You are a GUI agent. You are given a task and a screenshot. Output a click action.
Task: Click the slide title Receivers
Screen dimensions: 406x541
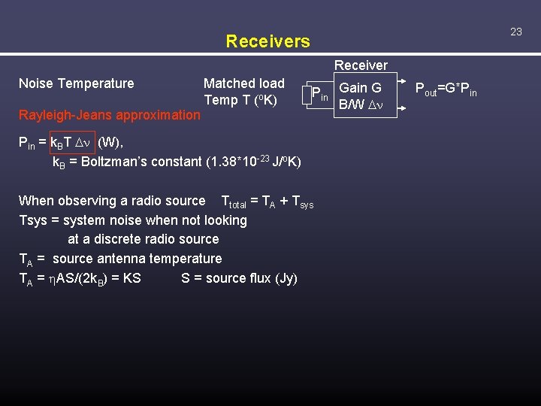click(x=267, y=41)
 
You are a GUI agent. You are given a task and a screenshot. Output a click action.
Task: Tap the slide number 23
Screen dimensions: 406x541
click(x=515, y=32)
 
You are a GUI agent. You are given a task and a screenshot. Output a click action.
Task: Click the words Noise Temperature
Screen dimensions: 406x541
click(x=76, y=83)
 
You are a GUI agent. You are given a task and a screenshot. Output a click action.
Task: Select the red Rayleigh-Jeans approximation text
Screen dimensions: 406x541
click(x=110, y=115)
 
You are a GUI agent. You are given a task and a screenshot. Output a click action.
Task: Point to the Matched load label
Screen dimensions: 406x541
click(x=243, y=83)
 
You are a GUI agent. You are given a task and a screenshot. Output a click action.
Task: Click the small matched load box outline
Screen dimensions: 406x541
click(x=304, y=95)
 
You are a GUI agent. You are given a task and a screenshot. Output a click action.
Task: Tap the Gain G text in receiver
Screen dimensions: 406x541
click(x=360, y=88)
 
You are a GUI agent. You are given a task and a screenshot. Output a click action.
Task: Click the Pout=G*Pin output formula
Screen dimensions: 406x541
click(x=446, y=90)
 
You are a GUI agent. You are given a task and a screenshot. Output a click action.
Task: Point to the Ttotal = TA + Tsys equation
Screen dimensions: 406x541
click(x=267, y=201)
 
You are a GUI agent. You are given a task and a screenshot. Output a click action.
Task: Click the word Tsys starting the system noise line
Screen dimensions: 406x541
click(x=33, y=220)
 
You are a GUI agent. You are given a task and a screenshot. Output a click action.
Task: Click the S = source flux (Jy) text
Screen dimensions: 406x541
click(x=239, y=278)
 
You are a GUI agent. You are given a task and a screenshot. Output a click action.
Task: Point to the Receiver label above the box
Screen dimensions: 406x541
click(x=361, y=65)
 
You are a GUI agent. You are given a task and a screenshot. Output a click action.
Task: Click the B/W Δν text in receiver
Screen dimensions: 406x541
click(x=361, y=104)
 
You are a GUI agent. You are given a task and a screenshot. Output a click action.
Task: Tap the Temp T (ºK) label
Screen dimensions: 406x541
click(x=240, y=100)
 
